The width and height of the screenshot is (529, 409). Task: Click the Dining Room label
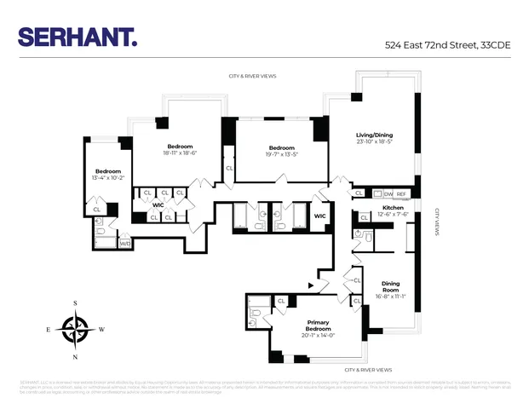pos(389,286)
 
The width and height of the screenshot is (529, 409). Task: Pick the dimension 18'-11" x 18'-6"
pos(180,153)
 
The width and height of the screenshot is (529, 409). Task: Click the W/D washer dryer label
pos(125,244)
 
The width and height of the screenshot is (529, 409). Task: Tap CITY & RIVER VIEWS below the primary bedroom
pos(368,370)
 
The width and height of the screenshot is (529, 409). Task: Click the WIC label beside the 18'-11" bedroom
pos(158,204)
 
